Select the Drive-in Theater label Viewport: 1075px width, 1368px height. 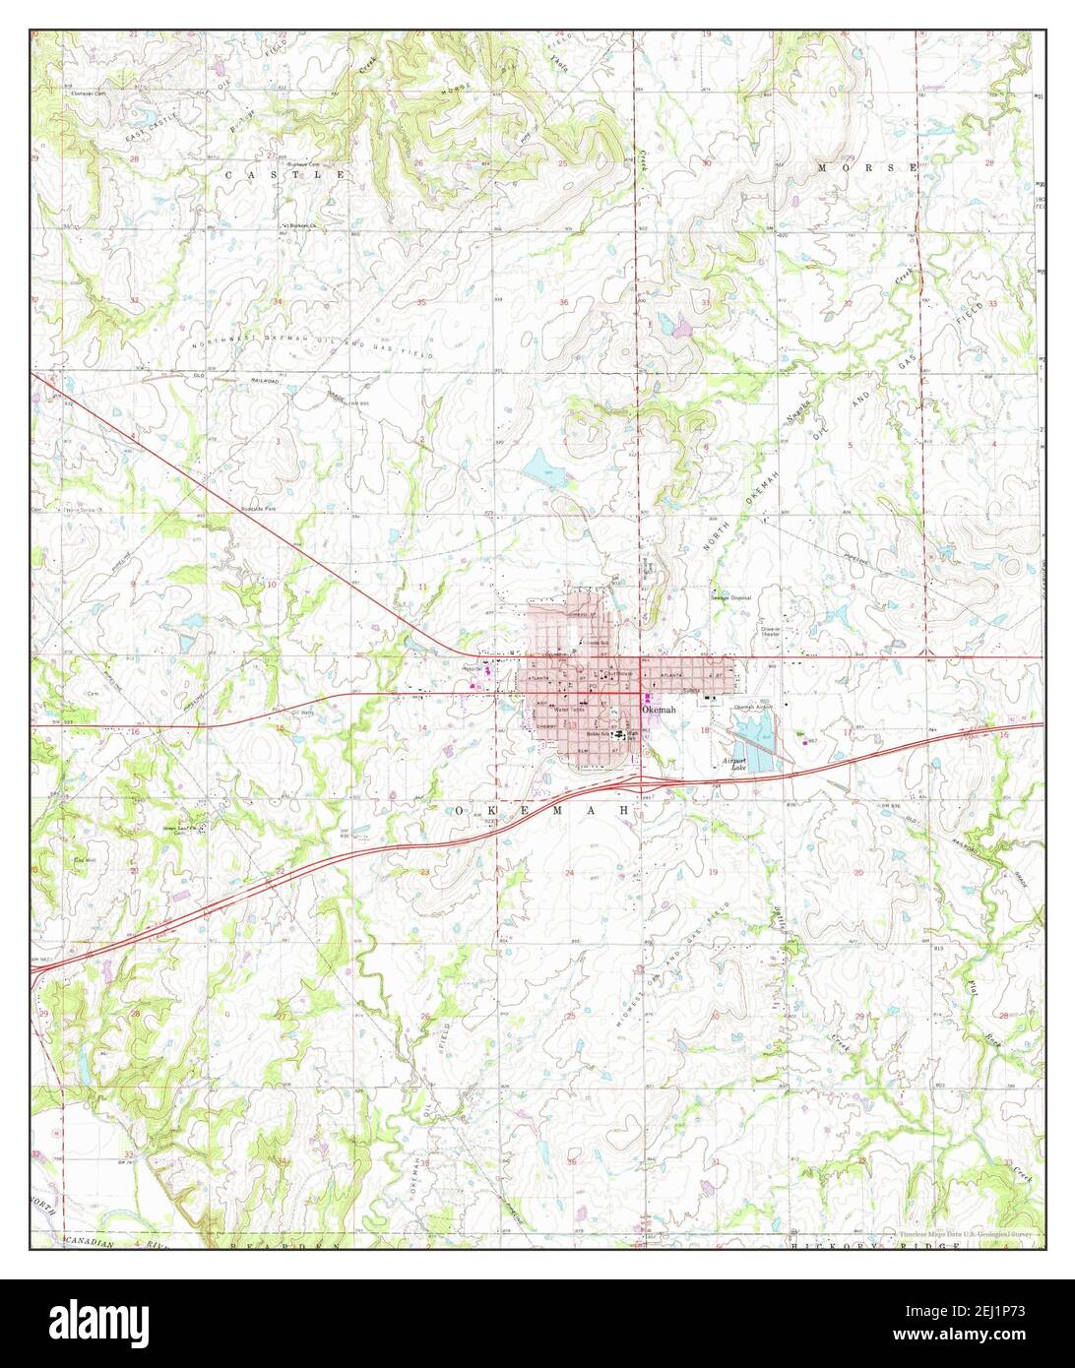[x=770, y=632]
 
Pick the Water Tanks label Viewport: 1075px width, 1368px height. [x=569, y=709]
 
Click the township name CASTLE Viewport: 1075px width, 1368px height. [x=286, y=174]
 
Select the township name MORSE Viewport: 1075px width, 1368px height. [x=867, y=168]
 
